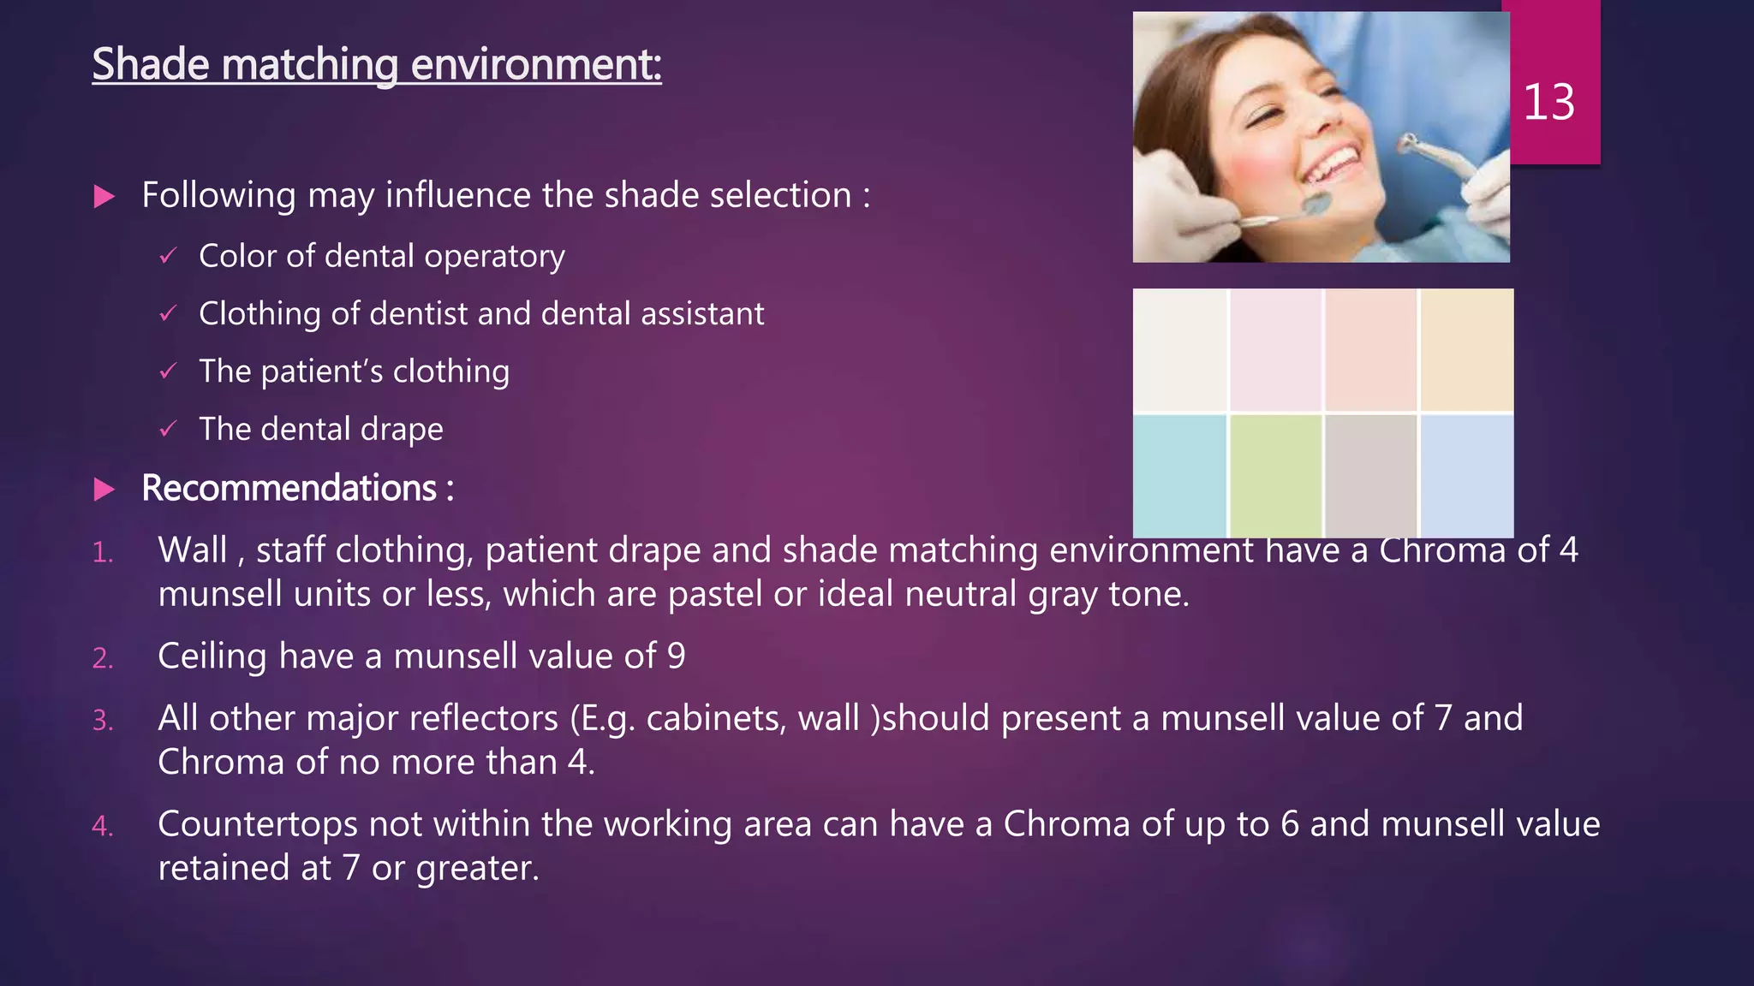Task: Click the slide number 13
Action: tap(1548, 103)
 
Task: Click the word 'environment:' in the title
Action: tap(536, 65)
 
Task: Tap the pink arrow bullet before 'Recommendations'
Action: tap(104, 490)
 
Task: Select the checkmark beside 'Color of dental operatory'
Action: tap(168, 256)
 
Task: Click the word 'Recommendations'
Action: tap(289, 488)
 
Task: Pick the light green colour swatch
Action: tap(1275, 476)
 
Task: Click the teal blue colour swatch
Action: tap(1179, 476)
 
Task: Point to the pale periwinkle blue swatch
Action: tap(1466, 476)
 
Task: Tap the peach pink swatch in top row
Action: tap(1370, 350)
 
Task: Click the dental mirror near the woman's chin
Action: tap(1316, 204)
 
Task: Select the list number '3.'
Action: tap(103, 721)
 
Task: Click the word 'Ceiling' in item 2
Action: tap(212, 656)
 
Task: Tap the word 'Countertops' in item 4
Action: tap(258, 824)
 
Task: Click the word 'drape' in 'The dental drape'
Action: tap(402, 429)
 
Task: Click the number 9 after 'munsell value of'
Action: tap(676, 656)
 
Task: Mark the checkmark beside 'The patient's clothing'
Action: tap(168, 371)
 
